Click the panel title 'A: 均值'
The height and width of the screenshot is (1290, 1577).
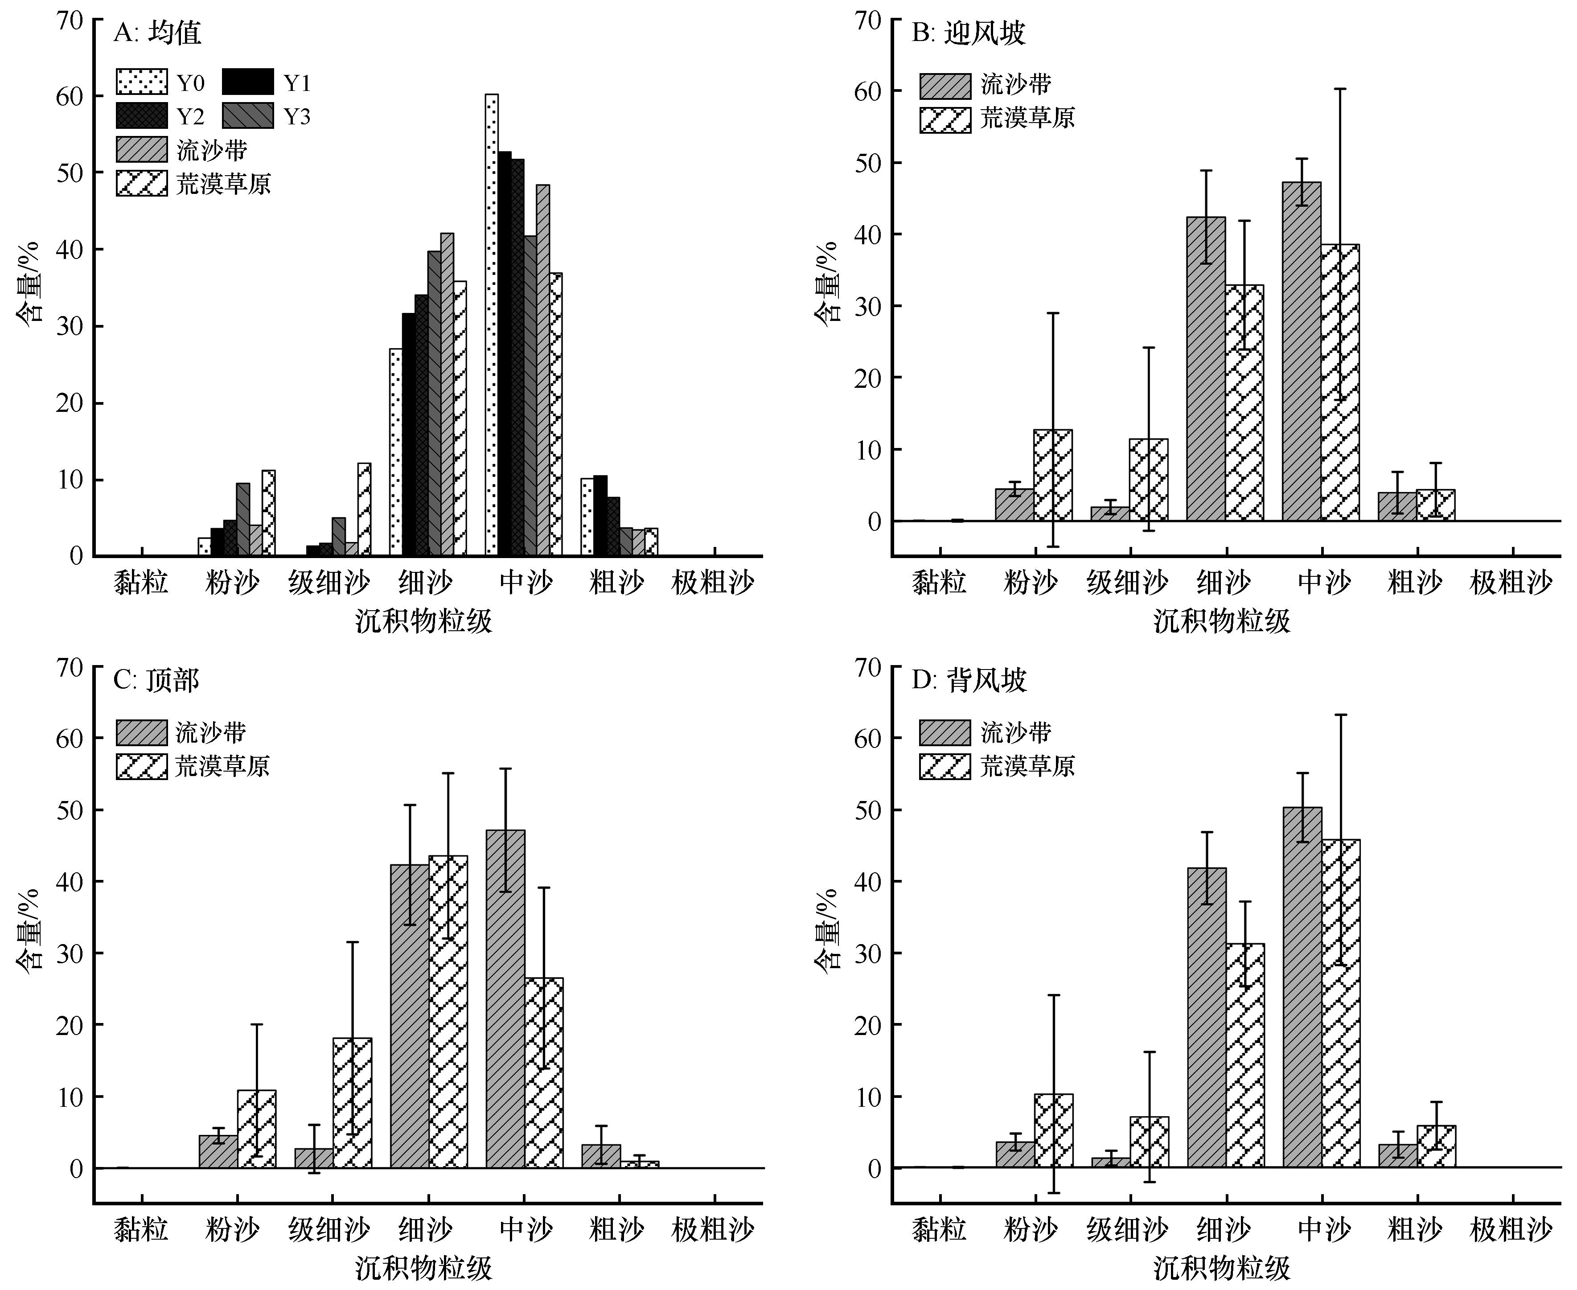tap(157, 33)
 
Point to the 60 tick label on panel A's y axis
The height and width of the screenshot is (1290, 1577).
tap(70, 97)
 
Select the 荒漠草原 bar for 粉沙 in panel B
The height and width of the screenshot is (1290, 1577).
tap(1052, 476)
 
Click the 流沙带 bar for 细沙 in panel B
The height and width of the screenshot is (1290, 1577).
tap(1205, 370)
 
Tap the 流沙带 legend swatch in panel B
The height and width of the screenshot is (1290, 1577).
tap(945, 86)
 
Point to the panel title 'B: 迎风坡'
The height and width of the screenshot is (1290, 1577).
tap(968, 33)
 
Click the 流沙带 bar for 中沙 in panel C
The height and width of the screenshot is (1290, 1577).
tap(505, 999)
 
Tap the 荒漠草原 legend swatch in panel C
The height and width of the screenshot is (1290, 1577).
tap(141, 766)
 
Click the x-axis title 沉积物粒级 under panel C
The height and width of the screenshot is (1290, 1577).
tap(423, 1269)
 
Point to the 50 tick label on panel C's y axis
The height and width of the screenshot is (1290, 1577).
tap(70, 810)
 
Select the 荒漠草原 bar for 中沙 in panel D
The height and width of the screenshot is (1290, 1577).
tap(1341, 1003)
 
